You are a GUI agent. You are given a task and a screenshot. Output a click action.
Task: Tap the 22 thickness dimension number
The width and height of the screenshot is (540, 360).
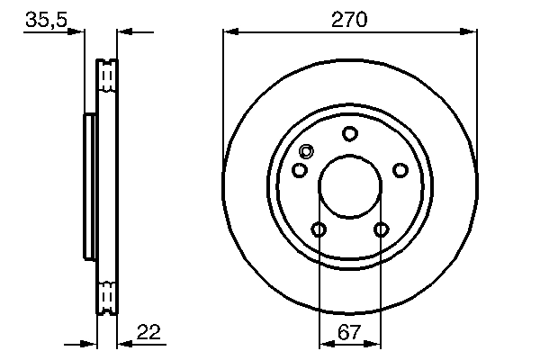point(148,333)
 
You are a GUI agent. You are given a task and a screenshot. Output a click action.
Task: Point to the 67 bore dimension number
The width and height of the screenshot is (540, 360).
point(350,332)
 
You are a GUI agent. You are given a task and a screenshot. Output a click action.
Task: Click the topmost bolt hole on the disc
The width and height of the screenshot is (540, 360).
point(350,134)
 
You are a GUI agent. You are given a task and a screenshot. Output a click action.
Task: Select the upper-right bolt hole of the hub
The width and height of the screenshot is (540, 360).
point(400,170)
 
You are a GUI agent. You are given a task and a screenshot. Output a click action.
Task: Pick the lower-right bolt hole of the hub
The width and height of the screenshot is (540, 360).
point(382,229)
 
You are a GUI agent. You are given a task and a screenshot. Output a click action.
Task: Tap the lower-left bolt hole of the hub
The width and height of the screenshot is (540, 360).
point(319,229)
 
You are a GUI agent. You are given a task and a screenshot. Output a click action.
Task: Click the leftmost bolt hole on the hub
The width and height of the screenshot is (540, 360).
point(300,170)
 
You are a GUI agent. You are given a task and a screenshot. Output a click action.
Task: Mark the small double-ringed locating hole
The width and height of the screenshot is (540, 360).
point(306,152)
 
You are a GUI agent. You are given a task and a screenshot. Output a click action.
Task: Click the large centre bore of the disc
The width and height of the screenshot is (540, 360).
point(350,187)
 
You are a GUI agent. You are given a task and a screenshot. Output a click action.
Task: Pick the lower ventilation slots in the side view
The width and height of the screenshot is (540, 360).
point(107,294)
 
